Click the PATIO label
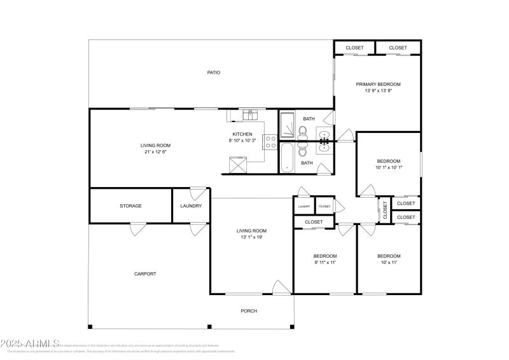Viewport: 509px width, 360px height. pos(214,73)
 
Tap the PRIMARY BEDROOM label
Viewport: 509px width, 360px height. pos(378,84)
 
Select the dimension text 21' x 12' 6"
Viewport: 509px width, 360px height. pos(155,152)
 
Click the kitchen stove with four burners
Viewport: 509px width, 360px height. pos(269,140)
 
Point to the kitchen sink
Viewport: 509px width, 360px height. pos(248,114)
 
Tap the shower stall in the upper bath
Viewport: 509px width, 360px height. pos(287,125)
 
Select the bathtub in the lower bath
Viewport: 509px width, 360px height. pos(287,158)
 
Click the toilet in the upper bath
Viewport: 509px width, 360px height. pos(303,132)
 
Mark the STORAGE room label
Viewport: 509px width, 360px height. pos(130,206)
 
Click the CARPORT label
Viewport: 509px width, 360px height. pos(145,274)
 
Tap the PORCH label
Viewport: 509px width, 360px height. pos(249,311)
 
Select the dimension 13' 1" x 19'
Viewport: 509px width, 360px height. pos(251,237)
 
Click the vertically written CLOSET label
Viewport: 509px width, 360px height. pos(385,210)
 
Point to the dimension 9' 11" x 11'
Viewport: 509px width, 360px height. pos(324,262)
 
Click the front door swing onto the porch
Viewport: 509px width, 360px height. pos(280,287)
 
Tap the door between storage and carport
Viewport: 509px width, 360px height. pos(138,229)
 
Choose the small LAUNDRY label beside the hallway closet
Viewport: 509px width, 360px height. pos(304,206)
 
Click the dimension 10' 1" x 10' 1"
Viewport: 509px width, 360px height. pos(388,167)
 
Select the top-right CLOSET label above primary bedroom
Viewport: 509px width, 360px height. pos(398,48)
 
